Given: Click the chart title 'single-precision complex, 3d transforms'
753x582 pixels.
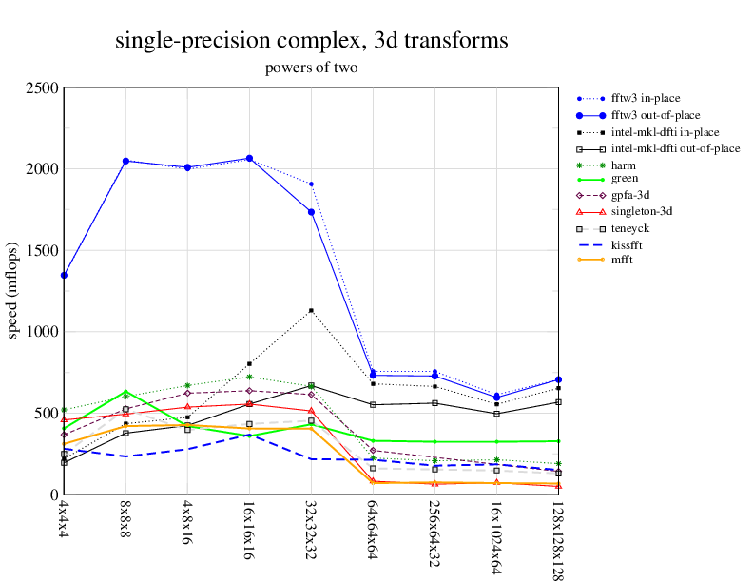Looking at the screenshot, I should [311, 41].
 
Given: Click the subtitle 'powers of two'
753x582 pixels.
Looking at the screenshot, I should [311, 68].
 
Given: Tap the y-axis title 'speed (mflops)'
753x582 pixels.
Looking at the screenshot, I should [13, 291].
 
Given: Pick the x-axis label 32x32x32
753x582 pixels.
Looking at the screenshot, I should [310, 525].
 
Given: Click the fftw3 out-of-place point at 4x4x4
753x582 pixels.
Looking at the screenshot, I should [64, 276].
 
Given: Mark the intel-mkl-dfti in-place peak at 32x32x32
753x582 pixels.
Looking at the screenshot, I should [311, 310].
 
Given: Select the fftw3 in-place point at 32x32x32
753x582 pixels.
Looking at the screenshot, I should [311, 184].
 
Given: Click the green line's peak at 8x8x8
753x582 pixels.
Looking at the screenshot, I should [125, 392].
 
